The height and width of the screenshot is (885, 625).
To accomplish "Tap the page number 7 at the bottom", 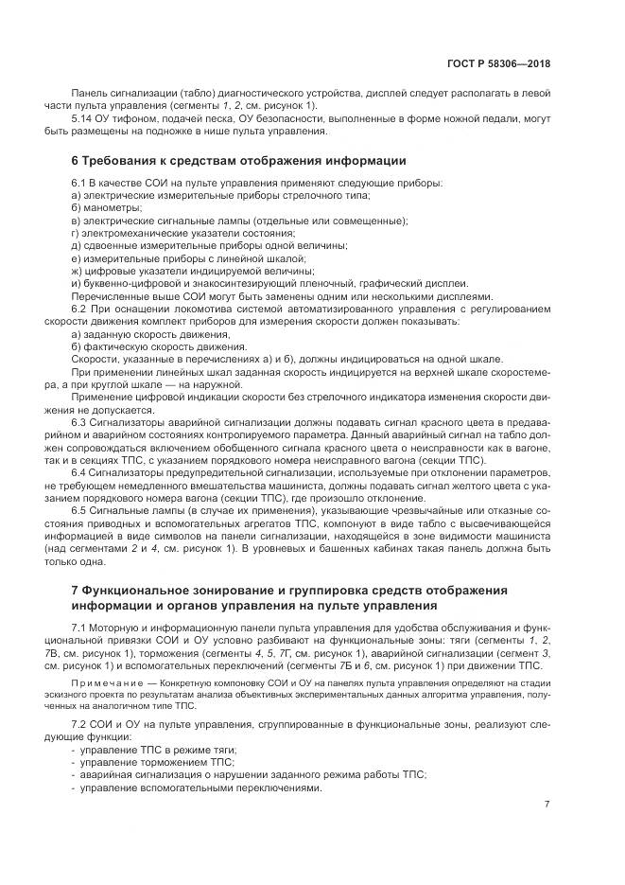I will (x=547, y=804).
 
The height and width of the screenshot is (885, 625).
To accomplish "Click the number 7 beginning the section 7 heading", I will (x=75, y=591).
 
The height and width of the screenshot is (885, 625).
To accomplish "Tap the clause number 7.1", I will (x=78, y=628).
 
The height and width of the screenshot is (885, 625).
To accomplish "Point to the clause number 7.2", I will (x=78, y=724).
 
